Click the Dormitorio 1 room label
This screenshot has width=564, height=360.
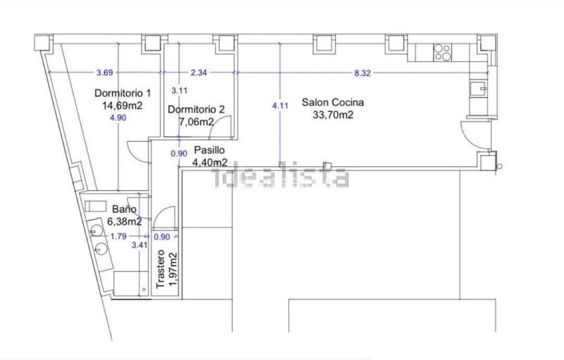point(123,93)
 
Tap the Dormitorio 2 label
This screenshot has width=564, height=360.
point(196,109)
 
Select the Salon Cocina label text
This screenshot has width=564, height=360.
point(333,102)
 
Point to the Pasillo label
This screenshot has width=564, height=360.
point(209,150)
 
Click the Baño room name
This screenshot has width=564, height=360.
point(124,209)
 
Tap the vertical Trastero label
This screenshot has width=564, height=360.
point(161,268)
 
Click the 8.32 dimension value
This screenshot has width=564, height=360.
point(362,73)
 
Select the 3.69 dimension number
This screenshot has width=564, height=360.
point(104,73)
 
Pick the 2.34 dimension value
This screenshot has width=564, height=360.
point(199,73)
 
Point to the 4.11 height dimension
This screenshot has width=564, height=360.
point(280,106)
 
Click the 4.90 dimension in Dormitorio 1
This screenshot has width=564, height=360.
point(118,118)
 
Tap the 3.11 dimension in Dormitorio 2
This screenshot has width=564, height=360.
point(179,91)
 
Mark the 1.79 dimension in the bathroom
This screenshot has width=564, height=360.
point(118,237)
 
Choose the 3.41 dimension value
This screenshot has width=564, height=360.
point(139,245)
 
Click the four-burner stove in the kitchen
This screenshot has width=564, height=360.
point(443,52)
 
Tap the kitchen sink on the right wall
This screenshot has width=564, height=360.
point(479,88)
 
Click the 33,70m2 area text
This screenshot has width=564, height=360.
point(333,115)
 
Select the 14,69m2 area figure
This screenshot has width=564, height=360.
point(122,106)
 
